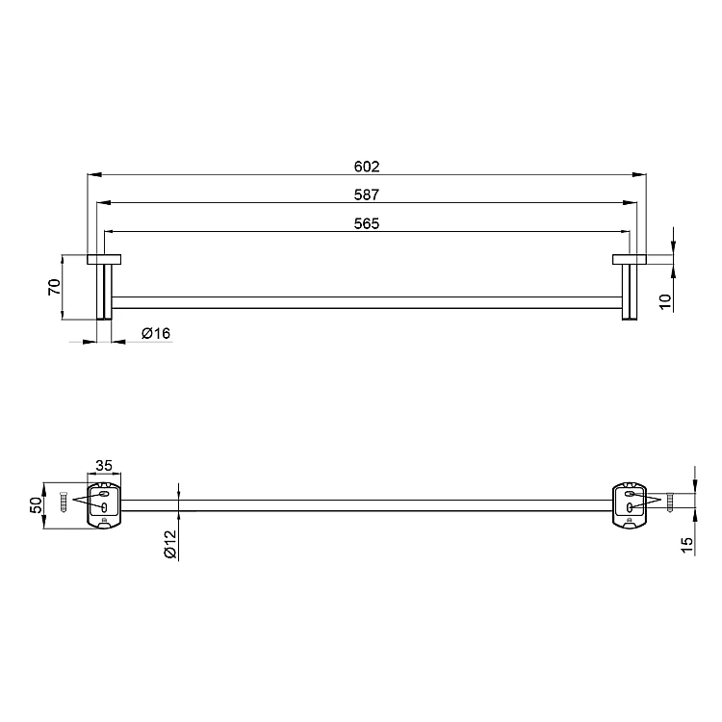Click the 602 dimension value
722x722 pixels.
pos(367,167)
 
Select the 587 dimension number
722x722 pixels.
pos(367,194)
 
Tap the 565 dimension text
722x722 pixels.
pos(367,223)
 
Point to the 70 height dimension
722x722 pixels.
pos(54,287)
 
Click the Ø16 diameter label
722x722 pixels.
pos(156,333)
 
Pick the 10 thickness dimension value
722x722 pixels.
pos(665,301)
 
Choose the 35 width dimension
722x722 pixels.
pos(104,466)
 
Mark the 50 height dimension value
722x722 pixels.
pos(37,505)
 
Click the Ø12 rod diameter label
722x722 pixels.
pos(169,544)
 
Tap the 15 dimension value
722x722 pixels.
pos(686,545)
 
